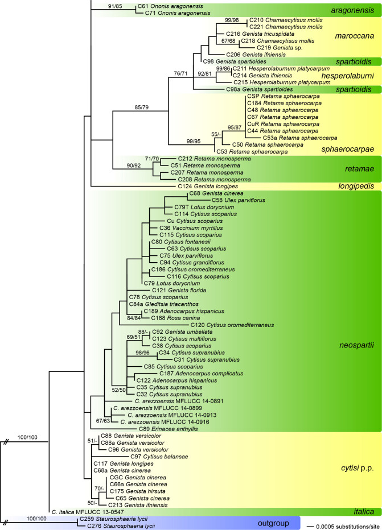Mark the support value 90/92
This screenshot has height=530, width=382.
pyautogui.click(x=128, y=165)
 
